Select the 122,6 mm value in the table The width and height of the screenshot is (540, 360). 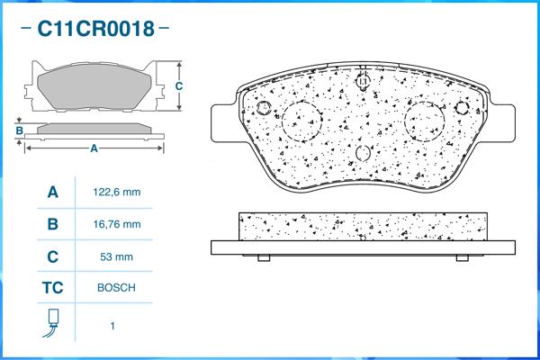pos(117,193)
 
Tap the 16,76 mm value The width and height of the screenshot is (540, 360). pos(117,224)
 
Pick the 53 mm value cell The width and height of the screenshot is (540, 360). pos(117,256)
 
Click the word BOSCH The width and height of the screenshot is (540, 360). pos(117,288)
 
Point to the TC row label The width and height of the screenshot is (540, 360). pos(52,288)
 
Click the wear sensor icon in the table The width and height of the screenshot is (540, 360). pos(51,325)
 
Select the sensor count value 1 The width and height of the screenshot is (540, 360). pos(112,326)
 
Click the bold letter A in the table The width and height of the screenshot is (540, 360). pos(52,193)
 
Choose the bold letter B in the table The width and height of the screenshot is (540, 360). pos(52,224)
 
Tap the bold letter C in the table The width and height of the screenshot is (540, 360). pos(52,256)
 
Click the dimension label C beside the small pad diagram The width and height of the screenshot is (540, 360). pos(179,86)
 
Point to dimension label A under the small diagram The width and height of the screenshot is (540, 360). pos(94,149)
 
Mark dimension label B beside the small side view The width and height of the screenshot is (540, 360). pos(18,131)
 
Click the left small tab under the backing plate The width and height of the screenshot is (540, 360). pos(264,258)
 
